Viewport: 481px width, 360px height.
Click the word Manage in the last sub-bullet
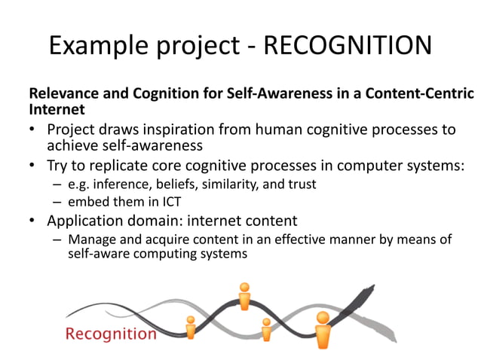click(89, 240)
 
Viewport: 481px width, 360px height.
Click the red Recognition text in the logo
click(111, 334)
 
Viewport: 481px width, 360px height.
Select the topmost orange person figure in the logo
click(244, 295)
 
